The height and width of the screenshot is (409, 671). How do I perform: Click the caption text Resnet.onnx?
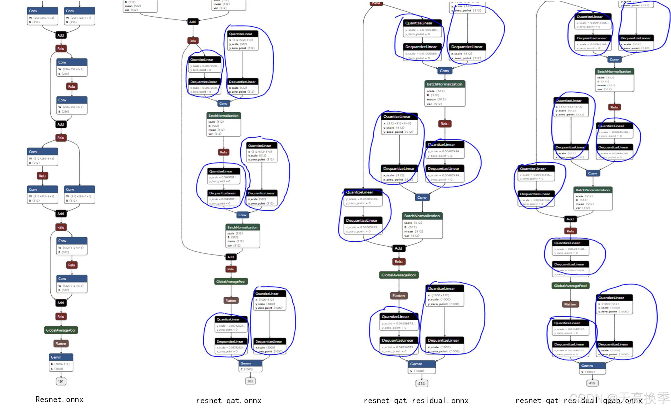coord(59,400)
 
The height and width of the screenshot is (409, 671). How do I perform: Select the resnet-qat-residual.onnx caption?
coord(416,401)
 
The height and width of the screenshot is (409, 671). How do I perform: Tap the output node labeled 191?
coord(61,381)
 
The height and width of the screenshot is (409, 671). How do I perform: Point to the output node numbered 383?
coord(250,381)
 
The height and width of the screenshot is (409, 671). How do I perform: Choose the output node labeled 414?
coord(421,383)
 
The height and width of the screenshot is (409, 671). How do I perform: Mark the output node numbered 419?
coord(592,383)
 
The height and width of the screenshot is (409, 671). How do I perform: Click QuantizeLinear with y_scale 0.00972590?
coord(204,64)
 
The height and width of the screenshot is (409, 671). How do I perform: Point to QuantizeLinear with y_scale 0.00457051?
coord(224,176)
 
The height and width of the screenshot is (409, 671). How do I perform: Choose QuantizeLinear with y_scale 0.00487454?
coord(445,149)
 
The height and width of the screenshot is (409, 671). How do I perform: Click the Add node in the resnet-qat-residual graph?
coord(398,248)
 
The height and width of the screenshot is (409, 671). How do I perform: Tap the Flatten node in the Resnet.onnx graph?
coord(61,344)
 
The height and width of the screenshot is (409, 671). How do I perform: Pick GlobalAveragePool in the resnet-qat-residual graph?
coord(398,275)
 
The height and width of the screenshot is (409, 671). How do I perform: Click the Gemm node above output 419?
coord(592,368)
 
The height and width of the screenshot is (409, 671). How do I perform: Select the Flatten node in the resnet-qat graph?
coord(231,300)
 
